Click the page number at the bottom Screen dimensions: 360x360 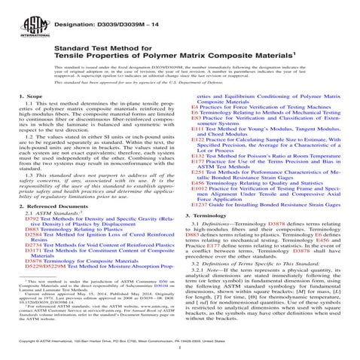(180, 349)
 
